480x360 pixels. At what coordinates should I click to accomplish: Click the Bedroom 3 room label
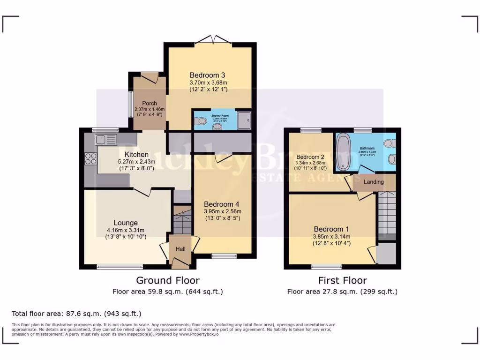click(x=207, y=75)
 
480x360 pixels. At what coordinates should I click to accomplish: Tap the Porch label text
click(x=150, y=103)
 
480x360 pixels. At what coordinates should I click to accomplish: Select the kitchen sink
click(x=105, y=139)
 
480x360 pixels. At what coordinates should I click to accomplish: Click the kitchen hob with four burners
click(x=90, y=159)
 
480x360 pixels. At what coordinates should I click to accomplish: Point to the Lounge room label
click(x=125, y=223)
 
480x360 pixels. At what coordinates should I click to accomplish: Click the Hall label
click(x=180, y=249)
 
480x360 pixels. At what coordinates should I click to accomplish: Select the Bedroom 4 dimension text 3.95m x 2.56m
click(x=222, y=211)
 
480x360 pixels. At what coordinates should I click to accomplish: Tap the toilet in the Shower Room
click(x=202, y=121)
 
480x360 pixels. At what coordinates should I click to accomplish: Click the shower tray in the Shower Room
click(x=243, y=120)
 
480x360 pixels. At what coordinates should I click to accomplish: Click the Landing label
click(x=374, y=182)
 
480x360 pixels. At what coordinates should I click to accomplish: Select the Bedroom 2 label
click(x=310, y=157)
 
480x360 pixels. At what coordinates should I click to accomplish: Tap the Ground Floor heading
click(x=168, y=280)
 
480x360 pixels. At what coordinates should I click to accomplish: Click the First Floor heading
click(x=342, y=280)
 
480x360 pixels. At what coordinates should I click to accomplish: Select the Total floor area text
click(x=76, y=314)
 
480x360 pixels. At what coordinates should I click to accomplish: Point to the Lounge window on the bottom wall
click(x=120, y=267)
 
